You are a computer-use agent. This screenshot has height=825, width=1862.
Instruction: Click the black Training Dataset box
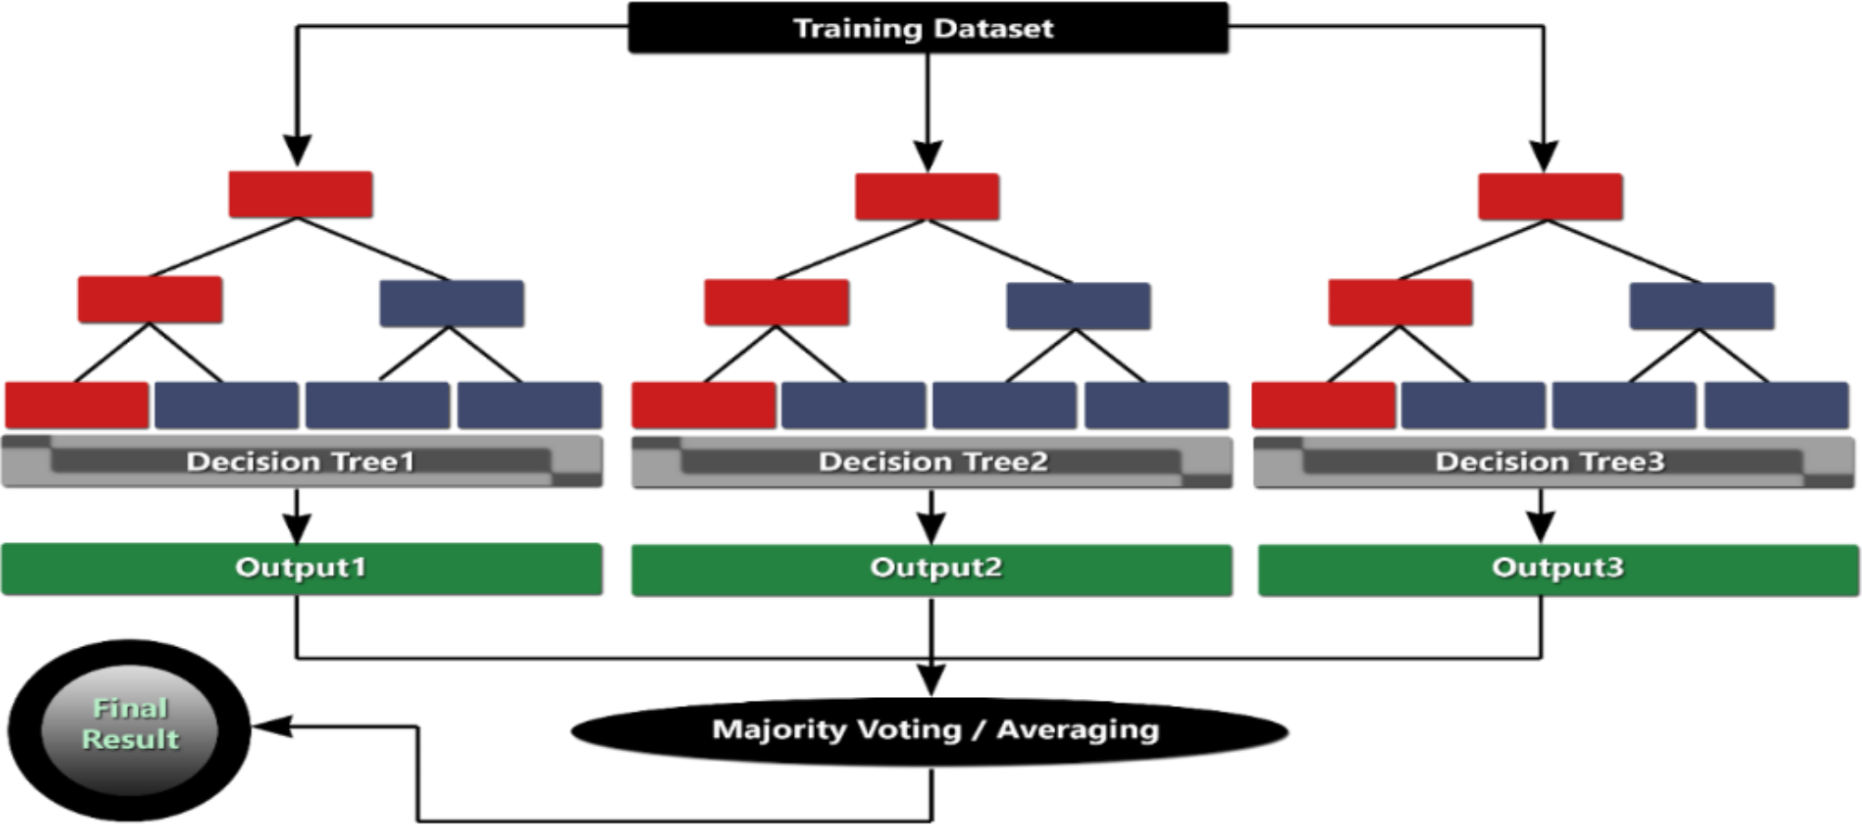(927, 28)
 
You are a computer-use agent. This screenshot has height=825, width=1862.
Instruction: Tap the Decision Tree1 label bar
(300, 462)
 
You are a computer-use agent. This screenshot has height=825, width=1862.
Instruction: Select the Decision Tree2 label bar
(932, 462)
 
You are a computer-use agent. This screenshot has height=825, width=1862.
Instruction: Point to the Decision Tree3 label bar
(1550, 462)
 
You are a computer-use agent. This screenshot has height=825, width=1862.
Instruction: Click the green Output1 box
(300, 568)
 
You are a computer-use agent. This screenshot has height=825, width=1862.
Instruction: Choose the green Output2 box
(932, 569)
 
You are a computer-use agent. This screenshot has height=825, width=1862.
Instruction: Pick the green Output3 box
(1558, 569)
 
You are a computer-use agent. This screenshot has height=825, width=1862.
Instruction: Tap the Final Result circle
(130, 728)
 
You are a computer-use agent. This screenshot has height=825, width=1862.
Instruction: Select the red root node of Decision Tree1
(300, 195)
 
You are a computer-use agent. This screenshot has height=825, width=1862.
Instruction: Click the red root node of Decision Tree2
(927, 197)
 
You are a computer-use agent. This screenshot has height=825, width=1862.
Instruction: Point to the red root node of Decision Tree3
(1550, 197)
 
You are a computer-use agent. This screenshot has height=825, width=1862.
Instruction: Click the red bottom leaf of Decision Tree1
(77, 405)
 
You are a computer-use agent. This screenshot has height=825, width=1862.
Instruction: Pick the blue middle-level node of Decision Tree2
(1078, 306)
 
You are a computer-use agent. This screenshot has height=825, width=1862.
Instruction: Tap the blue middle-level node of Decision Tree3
(1702, 306)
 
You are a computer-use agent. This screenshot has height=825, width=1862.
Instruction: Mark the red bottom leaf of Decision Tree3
(1323, 405)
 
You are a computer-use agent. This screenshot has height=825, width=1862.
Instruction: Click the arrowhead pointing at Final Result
(269, 727)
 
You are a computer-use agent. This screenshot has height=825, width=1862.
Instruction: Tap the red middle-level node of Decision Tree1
(150, 299)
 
